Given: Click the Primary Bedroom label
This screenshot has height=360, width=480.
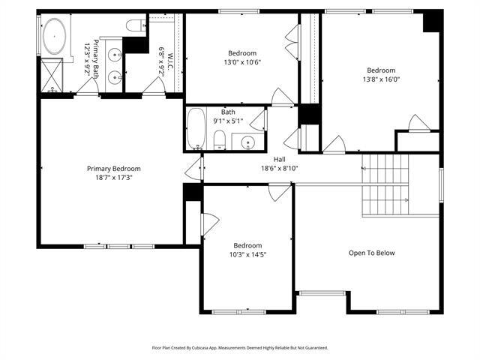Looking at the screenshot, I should pyautogui.click(x=113, y=169).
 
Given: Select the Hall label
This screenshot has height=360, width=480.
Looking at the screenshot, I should pyautogui.click(x=279, y=159).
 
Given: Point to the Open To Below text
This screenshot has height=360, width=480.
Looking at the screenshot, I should pyautogui.click(x=371, y=253).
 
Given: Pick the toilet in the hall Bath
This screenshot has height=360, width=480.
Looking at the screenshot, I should pyautogui.click(x=220, y=139).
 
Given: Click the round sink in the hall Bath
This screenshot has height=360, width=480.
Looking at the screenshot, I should pyautogui.click(x=247, y=142).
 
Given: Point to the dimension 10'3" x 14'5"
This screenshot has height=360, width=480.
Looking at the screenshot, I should pyautogui.click(x=247, y=255).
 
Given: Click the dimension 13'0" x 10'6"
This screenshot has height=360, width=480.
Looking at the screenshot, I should pyautogui.click(x=243, y=63).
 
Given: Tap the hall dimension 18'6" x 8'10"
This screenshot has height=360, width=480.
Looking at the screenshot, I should pyautogui.click(x=279, y=169).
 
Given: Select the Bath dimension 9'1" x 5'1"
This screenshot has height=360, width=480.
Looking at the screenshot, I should pyautogui.click(x=228, y=121).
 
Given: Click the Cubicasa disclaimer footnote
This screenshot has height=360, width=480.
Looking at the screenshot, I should pyautogui.click(x=240, y=348).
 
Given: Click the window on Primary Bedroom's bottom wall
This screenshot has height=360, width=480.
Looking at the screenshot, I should pyautogui.click(x=118, y=246).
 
